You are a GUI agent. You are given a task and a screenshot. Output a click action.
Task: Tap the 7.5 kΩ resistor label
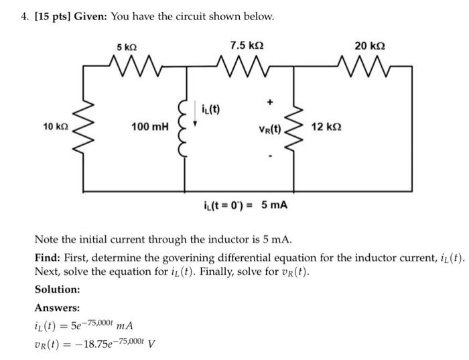pos(246,47)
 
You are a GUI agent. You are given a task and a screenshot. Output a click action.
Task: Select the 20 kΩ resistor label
pos(371,47)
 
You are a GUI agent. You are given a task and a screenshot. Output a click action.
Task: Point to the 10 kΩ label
pos(54,126)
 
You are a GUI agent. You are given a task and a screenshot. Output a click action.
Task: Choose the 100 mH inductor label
pos(149,126)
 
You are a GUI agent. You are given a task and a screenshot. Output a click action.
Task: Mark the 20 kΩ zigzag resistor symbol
pos(370,66)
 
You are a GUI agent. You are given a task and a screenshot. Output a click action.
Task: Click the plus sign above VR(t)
pos(270,103)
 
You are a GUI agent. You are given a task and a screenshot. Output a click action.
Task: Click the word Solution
pos(58,289)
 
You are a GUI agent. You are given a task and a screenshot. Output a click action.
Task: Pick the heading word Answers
pos(57,308)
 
